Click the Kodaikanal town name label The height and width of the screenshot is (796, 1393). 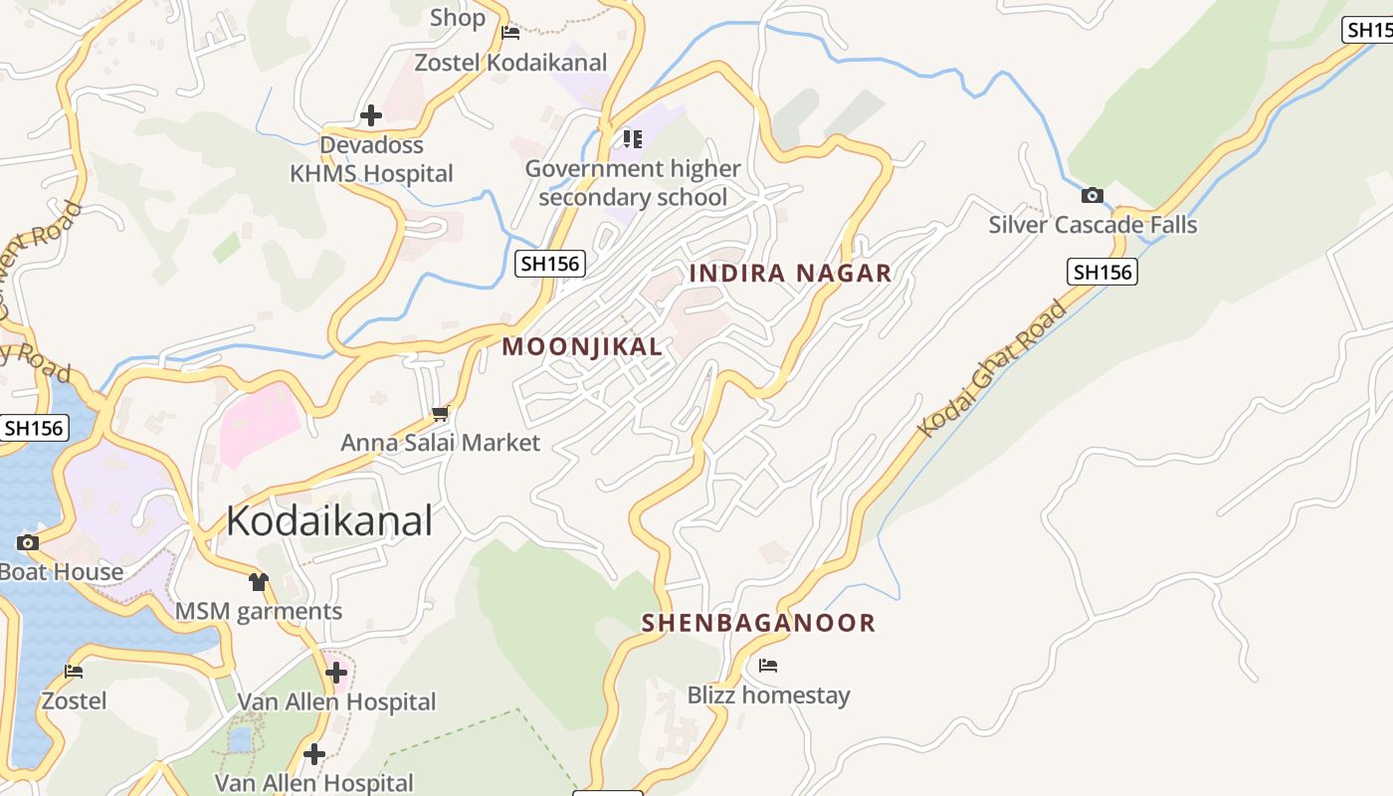point(329,520)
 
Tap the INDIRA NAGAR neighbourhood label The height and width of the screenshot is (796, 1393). point(790,274)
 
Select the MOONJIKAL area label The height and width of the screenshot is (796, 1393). point(582,347)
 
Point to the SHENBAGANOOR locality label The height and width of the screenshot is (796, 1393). point(758,623)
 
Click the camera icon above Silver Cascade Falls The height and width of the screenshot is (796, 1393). point(1093,195)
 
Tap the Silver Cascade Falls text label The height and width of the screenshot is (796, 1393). point(1093,225)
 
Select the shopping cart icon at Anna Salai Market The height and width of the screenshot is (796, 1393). point(441,413)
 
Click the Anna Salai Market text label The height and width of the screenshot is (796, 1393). point(441,443)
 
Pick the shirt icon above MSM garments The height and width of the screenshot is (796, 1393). point(259,582)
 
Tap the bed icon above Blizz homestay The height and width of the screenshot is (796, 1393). point(768,666)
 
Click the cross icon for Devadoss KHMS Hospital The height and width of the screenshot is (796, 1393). point(371,115)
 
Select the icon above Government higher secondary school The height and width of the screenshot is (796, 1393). point(632,138)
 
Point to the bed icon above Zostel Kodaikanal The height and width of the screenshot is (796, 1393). point(510,33)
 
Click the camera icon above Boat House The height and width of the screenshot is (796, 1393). point(28,542)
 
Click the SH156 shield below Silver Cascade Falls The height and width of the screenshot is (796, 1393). point(1102,272)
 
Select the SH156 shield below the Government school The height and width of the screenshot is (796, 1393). point(550,264)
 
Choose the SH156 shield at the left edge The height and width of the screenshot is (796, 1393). point(33,429)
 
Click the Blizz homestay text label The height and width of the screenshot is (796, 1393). point(768,695)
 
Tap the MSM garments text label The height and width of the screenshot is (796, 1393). point(259,611)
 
